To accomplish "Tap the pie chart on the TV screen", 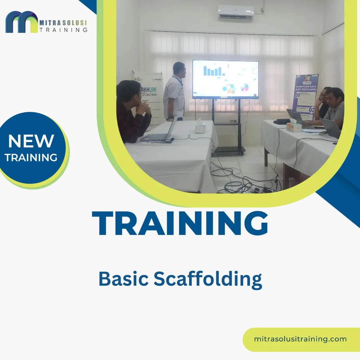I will click(x=245, y=87).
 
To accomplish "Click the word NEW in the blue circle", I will click(x=31, y=141).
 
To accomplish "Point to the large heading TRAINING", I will click(x=180, y=223).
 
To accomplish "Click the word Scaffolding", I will click(x=208, y=279).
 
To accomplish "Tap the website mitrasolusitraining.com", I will click(x=300, y=339).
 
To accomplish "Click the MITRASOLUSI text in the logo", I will click(x=63, y=23).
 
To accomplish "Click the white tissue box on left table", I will click(x=200, y=127).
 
